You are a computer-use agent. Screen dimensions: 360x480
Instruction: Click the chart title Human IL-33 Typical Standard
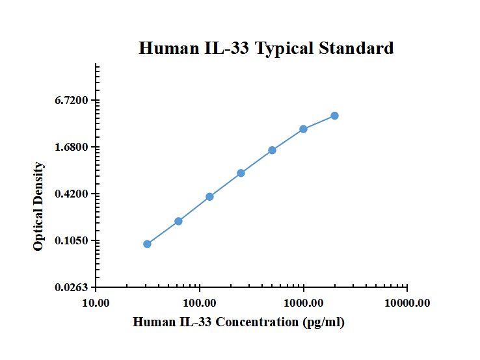click(x=266, y=48)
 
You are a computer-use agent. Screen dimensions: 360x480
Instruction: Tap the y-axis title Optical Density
click(x=38, y=207)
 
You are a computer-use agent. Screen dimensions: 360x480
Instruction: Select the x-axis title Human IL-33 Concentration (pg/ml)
click(x=239, y=322)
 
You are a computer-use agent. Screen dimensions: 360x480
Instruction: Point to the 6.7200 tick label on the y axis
click(x=72, y=101)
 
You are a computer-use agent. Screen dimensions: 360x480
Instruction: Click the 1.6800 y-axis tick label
click(x=72, y=148)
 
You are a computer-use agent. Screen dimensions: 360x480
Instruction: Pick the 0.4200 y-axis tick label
click(x=72, y=194)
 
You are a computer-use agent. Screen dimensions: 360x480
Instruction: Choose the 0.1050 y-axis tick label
click(x=72, y=241)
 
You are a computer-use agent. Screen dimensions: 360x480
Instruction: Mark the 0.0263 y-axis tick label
click(x=72, y=288)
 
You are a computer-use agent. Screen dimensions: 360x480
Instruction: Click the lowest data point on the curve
click(x=147, y=244)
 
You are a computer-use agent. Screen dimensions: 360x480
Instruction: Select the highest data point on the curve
click(x=334, y=116)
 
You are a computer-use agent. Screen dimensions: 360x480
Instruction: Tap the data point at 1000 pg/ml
click(x=303, y=129)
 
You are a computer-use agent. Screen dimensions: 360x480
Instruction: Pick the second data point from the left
click(x=178, y=222)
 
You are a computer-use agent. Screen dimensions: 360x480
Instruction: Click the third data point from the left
click(x=209, y=197)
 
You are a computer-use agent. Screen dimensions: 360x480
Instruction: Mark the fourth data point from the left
click(x=241, y=173)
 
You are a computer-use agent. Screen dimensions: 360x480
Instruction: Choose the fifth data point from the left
click(x=272, y=150)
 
